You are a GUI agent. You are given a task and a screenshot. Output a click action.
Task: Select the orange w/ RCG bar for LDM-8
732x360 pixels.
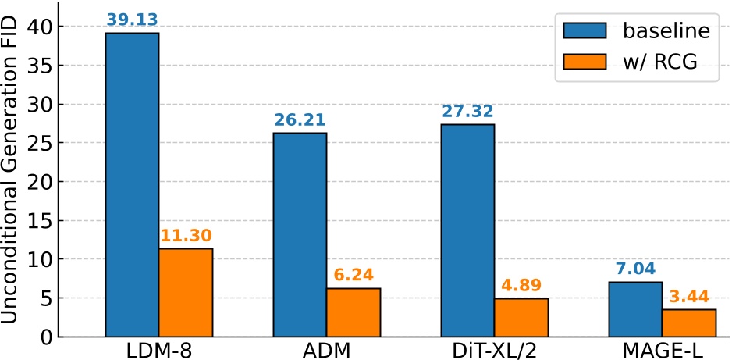186,292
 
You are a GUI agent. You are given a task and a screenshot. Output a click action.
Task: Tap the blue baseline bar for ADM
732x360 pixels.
300,234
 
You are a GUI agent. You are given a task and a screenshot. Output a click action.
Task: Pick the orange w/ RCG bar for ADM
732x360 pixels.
354,312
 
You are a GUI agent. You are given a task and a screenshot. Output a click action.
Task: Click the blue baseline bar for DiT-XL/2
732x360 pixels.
467,230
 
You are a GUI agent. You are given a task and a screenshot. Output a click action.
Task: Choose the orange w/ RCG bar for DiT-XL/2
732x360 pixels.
521,317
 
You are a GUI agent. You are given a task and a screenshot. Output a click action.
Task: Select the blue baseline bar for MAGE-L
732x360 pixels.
635,308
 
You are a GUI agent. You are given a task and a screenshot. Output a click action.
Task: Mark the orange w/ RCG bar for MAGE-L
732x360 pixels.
689,323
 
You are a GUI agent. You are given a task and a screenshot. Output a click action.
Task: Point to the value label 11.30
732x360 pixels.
186,236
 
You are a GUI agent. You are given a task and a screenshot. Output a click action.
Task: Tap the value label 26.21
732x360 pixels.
300,120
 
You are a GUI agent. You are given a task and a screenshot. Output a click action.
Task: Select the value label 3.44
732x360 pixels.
689,297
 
